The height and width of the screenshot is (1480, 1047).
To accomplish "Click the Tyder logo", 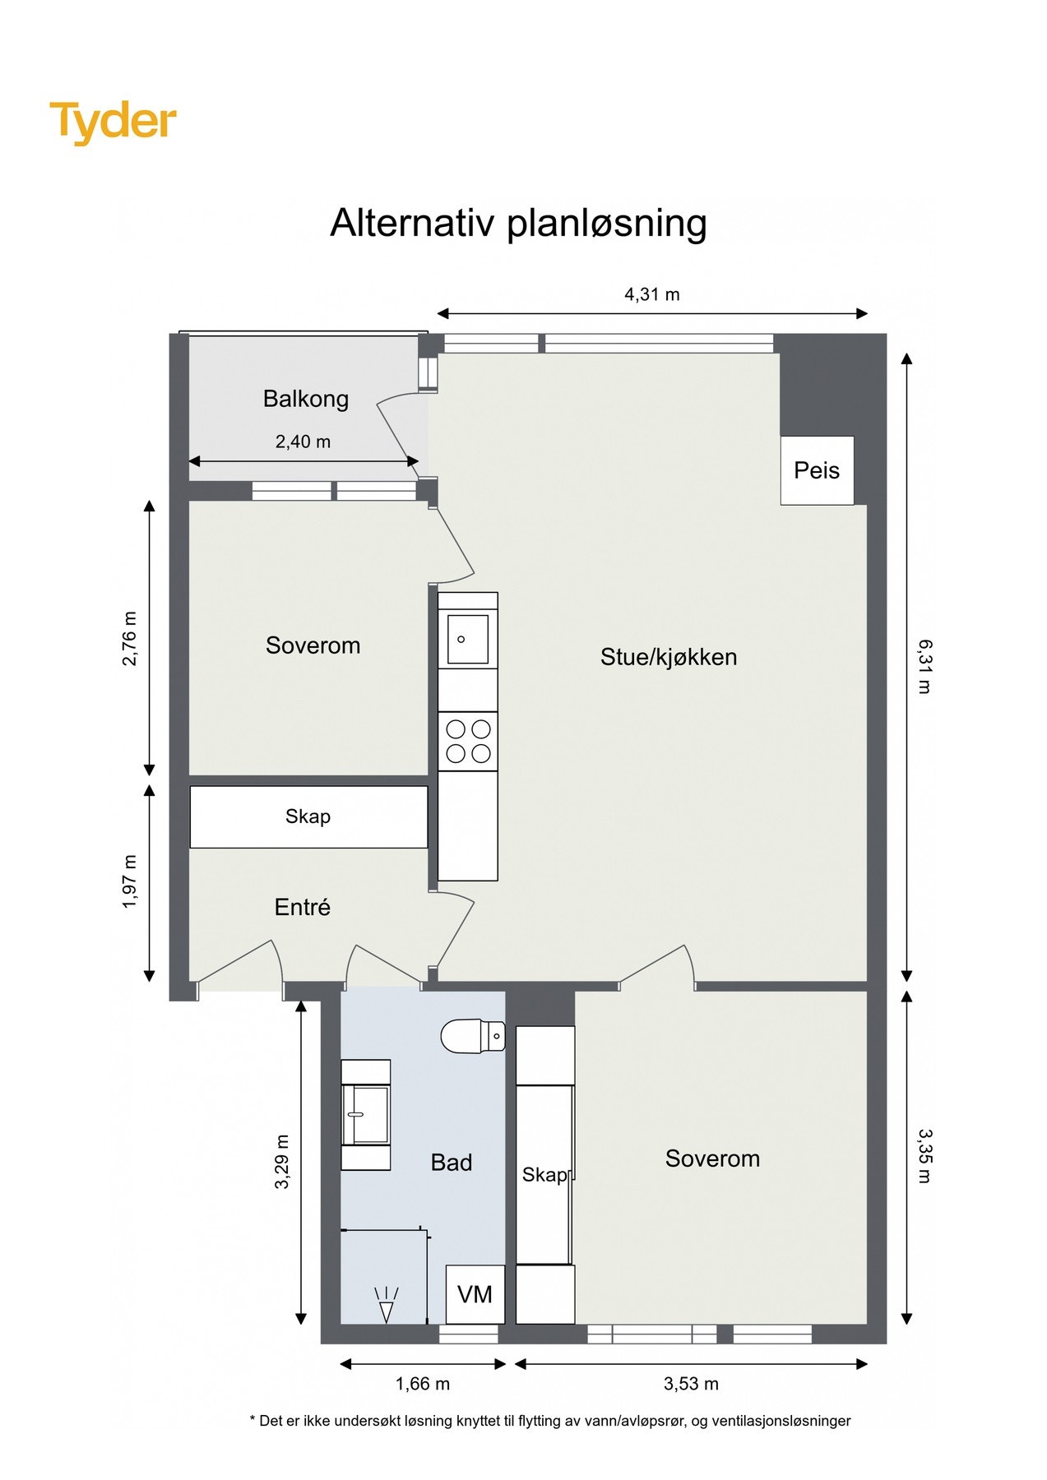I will [113, 123].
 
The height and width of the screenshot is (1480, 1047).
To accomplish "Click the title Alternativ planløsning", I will [518, 223].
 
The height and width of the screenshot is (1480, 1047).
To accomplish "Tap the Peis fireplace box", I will [817, 470].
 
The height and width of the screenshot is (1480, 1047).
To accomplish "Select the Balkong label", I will [306, 399].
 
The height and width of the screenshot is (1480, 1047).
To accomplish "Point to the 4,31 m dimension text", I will [652, 294].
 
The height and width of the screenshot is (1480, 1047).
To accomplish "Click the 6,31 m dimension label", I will [924, 666].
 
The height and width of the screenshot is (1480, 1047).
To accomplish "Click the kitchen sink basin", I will [467, 640].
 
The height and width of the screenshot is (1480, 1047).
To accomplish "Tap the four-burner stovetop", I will [467, 741].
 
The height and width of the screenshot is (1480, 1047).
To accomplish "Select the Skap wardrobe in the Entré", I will [308, 816].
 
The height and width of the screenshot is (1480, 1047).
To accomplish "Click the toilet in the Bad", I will [472, 1036].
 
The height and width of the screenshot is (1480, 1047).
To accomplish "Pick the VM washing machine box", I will [475, 1294].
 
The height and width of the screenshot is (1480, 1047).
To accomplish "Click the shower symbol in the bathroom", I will [386, 1304].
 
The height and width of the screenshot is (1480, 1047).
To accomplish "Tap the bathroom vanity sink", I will [366, 1114].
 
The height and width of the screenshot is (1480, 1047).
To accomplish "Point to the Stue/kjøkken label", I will [668, 657].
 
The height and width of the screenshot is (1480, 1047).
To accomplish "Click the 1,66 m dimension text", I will [423, 1384].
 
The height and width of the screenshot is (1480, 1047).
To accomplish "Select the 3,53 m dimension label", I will [691, 1384].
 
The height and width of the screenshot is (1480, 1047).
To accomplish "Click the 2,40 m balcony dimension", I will [303, 442].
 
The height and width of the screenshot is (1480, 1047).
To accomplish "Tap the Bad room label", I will [451, 1163].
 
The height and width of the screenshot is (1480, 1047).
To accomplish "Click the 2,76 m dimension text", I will [130, 638].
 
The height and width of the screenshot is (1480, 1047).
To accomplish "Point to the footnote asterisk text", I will [549, 1421].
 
